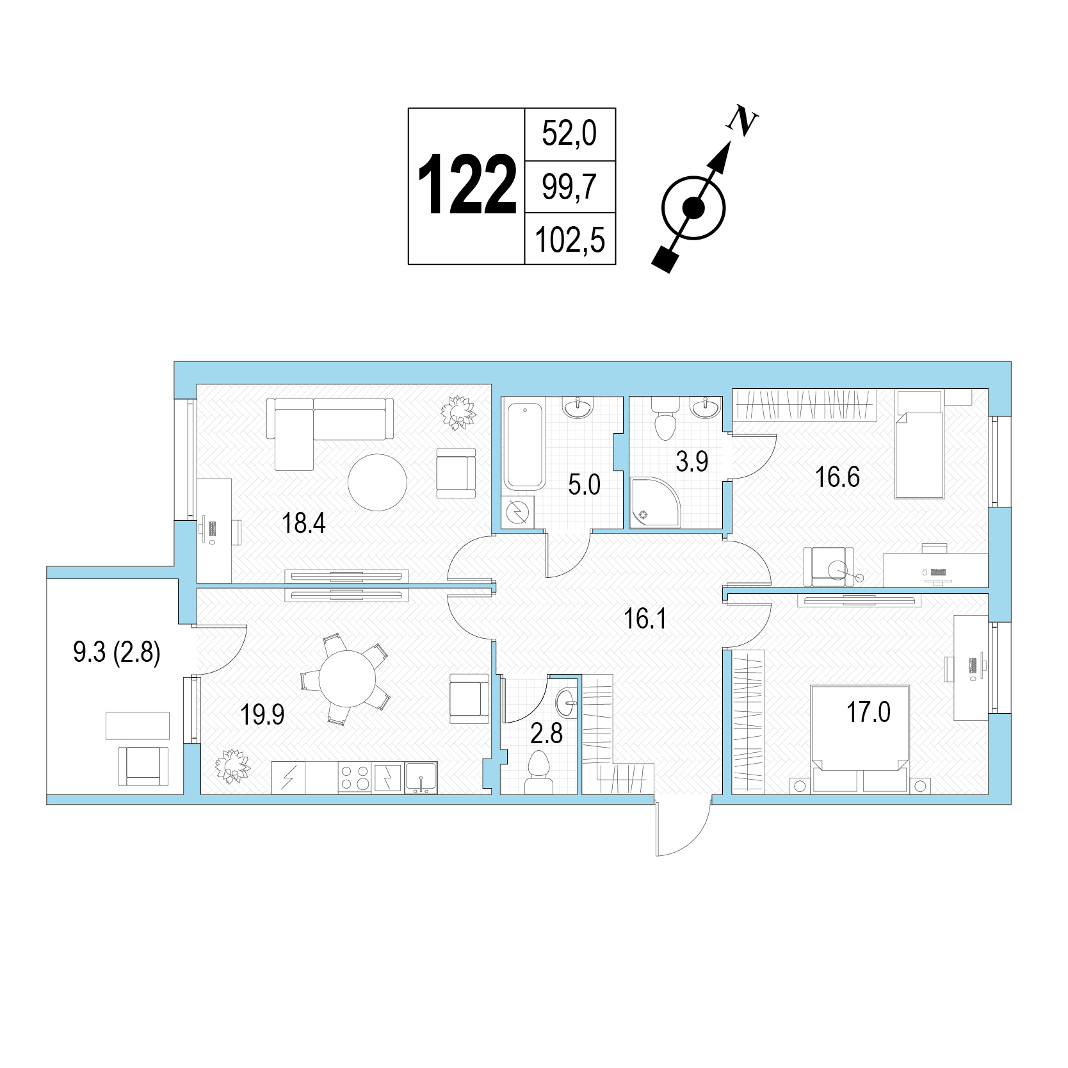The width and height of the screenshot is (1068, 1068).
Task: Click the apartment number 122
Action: pyautogui.click(x=467, y=185)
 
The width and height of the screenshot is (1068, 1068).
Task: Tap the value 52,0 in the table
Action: pyautogui.click(x=569, y=134)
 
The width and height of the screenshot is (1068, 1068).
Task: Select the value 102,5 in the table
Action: pyautogui.click(x=569, y=240)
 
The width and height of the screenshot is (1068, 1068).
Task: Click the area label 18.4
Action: pyautogui.click(x=304, y=523)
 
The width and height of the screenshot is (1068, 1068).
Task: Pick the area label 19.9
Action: pyautogui.click(x=263, y=714)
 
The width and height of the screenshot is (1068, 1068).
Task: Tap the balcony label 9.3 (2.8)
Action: pyautogui.click(x=117, y=653)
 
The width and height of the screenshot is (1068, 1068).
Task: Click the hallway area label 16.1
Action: pyautogui.click(x=645, y=619)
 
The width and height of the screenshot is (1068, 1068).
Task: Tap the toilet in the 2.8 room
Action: pyautogui.click(x=538, y=773)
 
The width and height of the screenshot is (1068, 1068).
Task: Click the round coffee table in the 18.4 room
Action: pyautogui.click(x=378, y=482)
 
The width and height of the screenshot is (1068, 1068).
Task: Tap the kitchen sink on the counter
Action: pyautogui.click(x=421, y=778)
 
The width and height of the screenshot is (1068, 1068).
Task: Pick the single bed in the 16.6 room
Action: pyautogui.click(x=919, y=445)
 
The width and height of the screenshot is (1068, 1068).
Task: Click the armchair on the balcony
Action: pyautogui.click(x=144, y=766)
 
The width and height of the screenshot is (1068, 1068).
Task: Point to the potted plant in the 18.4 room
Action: pyautogui.click(x=458, y=411)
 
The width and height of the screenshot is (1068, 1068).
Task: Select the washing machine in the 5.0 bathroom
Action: pyautogui.click(x=517, y=512)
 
